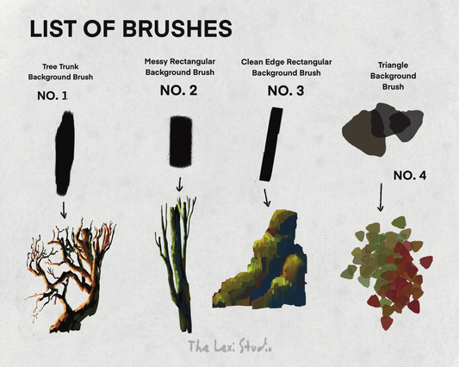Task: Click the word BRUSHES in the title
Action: [177, 28]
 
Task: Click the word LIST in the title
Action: [53, 28]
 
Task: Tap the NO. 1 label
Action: [53, 96]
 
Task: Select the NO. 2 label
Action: [178, 90]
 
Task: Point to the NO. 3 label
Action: [286, 90]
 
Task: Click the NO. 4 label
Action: [410, 176]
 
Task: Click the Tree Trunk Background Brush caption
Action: [60, 72]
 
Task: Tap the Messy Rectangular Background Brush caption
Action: [180, 67]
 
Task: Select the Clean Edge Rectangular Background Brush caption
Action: [286, 67]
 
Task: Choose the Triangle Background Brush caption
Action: [394, 76]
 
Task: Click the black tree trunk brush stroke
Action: [65, 152]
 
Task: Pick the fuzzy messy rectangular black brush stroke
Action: [181, 141]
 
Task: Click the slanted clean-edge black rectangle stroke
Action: [271, 144]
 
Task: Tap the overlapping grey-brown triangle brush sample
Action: [382, 129]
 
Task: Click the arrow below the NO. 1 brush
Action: [64, 209]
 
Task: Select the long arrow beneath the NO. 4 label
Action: [381, 197]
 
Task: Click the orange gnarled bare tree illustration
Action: [71, 276]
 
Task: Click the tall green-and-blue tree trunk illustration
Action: [176, 264]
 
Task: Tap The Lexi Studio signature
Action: [230, 346]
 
